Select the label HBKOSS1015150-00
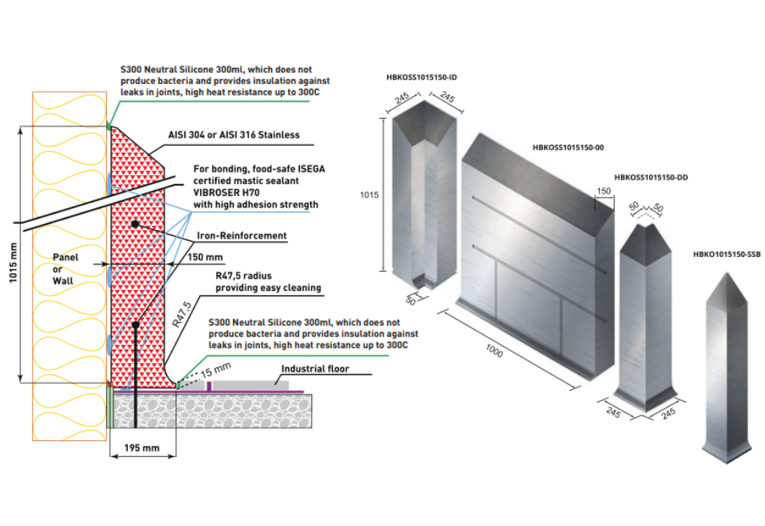[x=567, y=147]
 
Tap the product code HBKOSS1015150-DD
[x=651, y=177]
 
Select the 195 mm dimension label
[x=142, y=448]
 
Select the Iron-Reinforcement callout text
[x=242, y=236]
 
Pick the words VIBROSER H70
[x=225, y=192]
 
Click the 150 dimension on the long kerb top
[x=603, y=192]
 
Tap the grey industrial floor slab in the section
[x=247, y=383]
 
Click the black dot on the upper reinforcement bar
[x=135, y=224]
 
